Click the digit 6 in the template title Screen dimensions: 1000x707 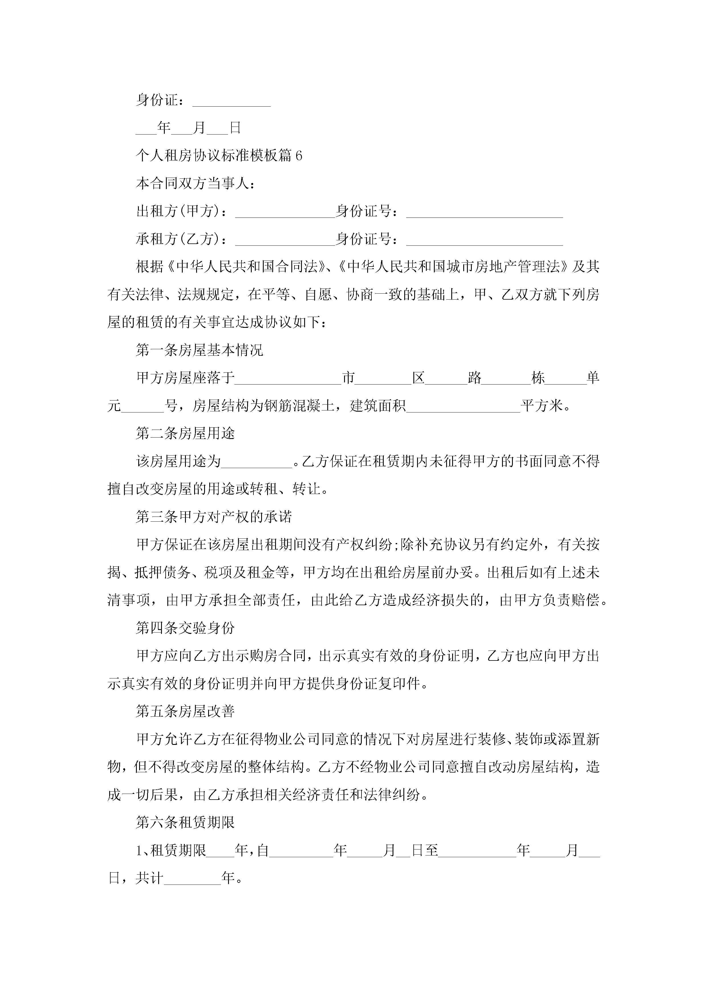click(x=298, y=155)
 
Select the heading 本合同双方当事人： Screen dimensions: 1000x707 click(x=195, y=183)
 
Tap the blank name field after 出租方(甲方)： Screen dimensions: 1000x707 click(x=285, y=214)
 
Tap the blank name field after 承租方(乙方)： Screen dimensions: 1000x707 click(x=285, y=241)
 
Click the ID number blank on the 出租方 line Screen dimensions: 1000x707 click(x=484, y=214)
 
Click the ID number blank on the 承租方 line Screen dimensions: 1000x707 click(x=484, y=241)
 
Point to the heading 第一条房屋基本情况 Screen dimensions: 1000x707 click(x=200, y=350)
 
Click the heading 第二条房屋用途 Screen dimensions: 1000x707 click(x=185, y=433)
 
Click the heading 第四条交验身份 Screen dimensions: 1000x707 click(x=185, y=628)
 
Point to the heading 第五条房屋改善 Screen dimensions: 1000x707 click(x=185, y=711)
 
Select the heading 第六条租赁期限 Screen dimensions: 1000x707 click(x=185, y=822)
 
